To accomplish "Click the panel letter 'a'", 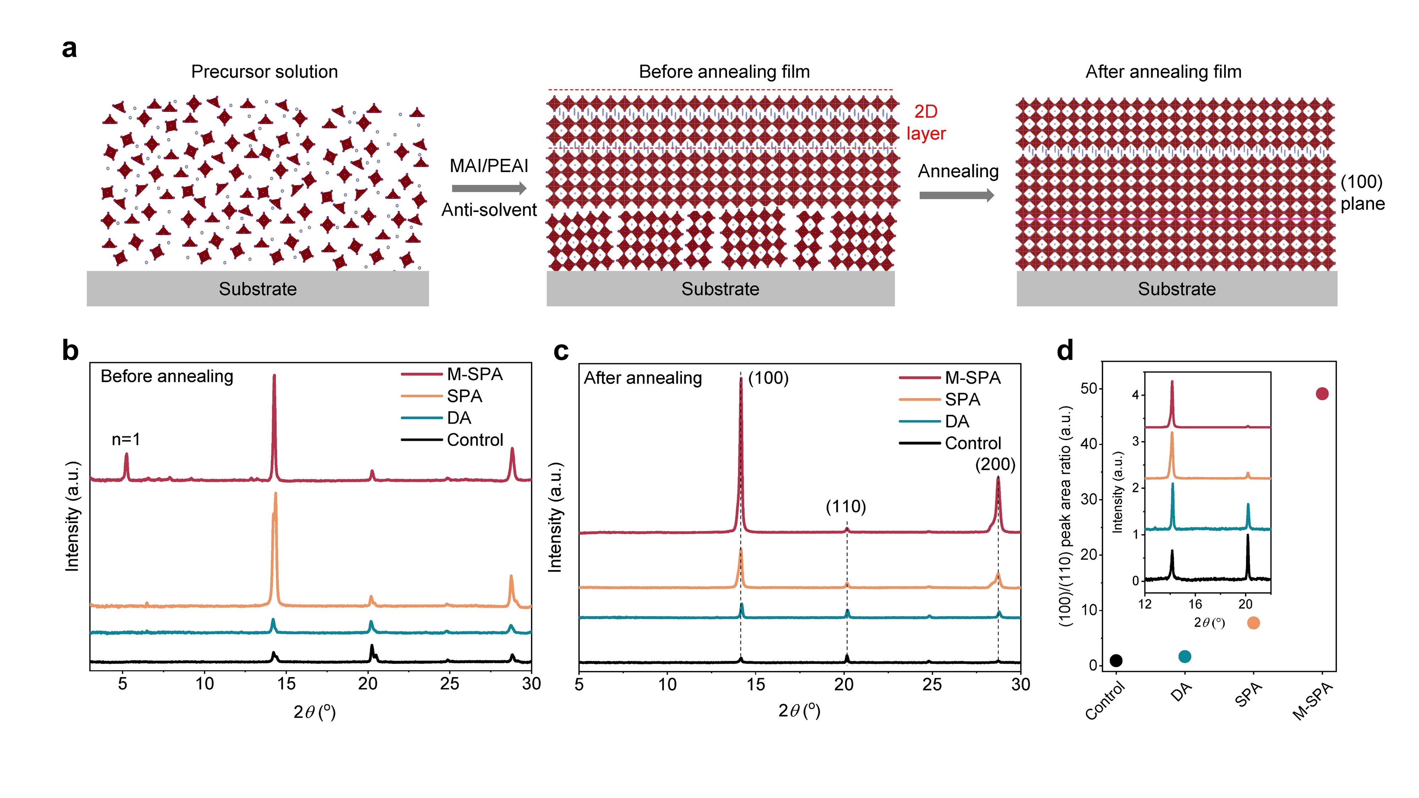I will (70, 49).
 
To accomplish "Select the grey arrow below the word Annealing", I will (957, 195).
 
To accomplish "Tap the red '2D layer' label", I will (926, 122).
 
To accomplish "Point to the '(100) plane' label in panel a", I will (1362, 193).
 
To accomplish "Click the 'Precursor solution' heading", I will (264, 72).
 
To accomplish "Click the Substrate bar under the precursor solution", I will (258, 289).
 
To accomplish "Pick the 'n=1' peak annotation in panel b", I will (126, 439).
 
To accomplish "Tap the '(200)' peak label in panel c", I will (995, 464).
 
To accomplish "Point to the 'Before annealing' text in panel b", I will (167, 376).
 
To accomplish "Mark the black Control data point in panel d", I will (1116, 660).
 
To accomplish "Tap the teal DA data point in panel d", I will (1185, 656).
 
